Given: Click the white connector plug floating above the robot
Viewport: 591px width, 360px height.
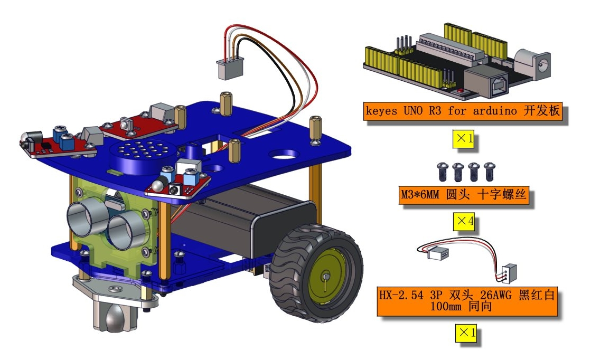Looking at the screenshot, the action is (230, 69).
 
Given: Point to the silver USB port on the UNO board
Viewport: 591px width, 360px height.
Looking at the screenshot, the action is (487, 82).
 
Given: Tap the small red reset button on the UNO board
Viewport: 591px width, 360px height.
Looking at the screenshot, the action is (460, 91).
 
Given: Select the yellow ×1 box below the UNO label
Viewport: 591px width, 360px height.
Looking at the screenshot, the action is (463, 139).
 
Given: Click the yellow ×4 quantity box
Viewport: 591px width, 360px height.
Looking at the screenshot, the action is (463, 221).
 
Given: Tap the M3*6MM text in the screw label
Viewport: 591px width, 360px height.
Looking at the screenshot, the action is (419, 195).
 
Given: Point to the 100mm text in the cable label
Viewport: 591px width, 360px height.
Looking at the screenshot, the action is (446, 306).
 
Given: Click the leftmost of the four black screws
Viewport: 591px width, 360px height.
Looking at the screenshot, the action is (442, 172).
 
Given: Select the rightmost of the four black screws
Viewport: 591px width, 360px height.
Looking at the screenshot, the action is (489, 172).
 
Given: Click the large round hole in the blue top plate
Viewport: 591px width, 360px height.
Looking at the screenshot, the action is (284, 154).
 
